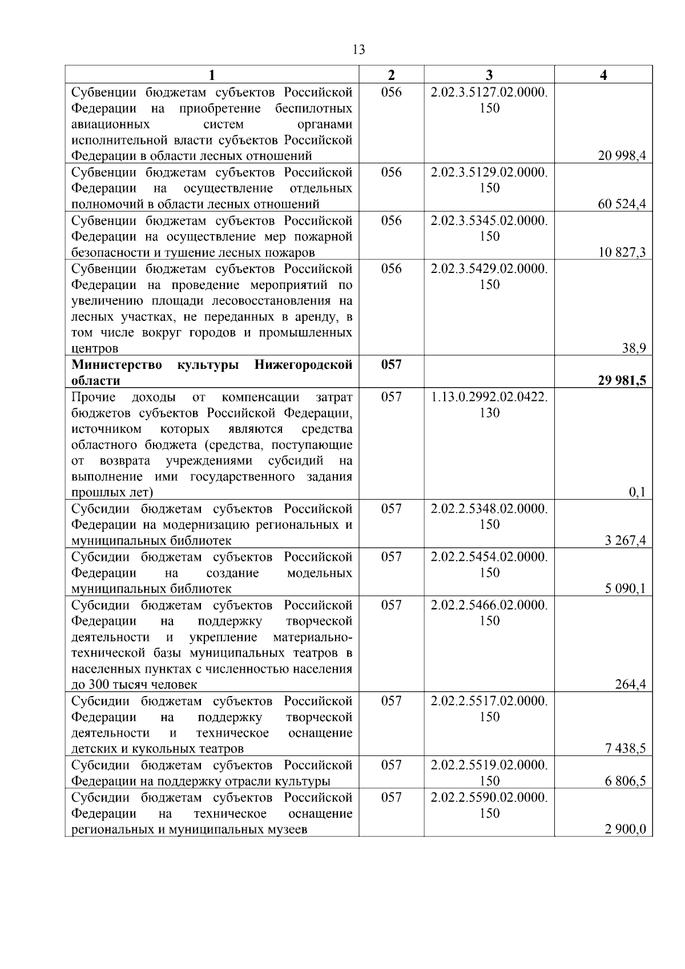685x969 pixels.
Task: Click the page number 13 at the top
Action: pos(359,50)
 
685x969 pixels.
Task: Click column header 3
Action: pos(489,75)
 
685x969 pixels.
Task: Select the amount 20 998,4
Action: pos(622,156)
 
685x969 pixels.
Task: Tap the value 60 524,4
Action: pos(622,204)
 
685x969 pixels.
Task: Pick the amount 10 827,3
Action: pos(622,252)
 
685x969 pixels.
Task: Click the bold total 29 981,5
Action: pos(622,380)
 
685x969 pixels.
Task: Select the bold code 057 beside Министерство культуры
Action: pos(391,364)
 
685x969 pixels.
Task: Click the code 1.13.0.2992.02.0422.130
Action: pos(489,404)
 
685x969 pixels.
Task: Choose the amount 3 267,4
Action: pos(625,540)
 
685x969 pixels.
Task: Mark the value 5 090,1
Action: pos(625,588)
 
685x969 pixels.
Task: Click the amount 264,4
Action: pos(630,684)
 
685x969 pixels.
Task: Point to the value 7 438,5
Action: pos(625,749)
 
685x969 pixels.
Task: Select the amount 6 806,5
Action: pos(625,781)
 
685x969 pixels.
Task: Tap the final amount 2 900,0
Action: pos(625,829)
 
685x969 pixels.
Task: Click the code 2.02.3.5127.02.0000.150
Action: pos(489,100)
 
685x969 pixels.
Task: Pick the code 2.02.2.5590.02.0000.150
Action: pos(489,805)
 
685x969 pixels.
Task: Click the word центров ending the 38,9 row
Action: pos(95,348)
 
